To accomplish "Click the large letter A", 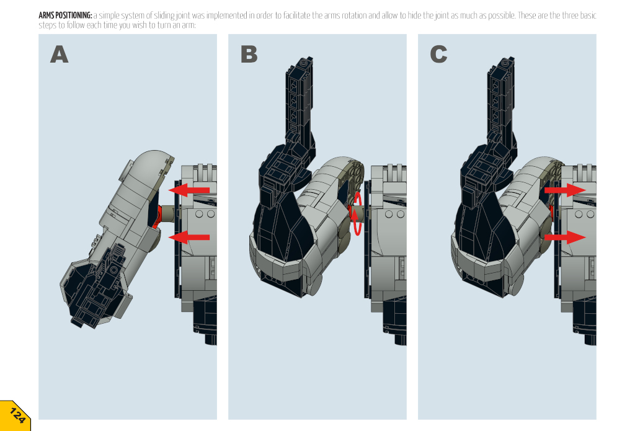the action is click(x=59, y=55).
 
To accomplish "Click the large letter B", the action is click(x=249, y=55).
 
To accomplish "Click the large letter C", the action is click(x=438, y=55).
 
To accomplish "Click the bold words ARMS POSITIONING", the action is click(x=65, y=16).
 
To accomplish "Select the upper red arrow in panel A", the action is click(x=189, y=190).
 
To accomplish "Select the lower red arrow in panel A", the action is click(x=189, y=238).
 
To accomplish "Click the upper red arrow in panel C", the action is click(x=565, y=190).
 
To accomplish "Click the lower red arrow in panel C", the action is click(x=565, y=238).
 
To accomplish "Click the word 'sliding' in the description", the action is click(x=164, y=16).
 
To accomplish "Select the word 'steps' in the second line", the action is click(x=47, y=25).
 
